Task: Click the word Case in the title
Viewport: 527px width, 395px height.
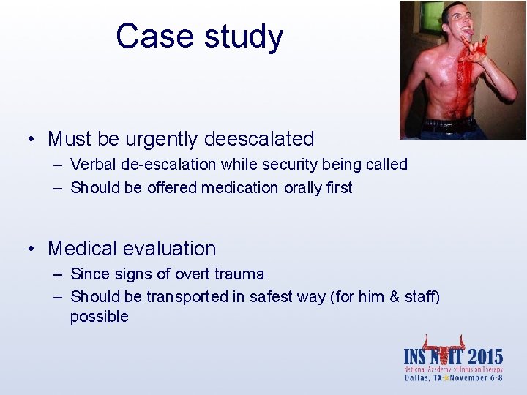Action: coord(150,37)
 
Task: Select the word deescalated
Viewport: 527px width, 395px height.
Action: coord(260,139)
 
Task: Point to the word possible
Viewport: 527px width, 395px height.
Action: coord(99,317)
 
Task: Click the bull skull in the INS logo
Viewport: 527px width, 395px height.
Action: coord(444,350)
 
